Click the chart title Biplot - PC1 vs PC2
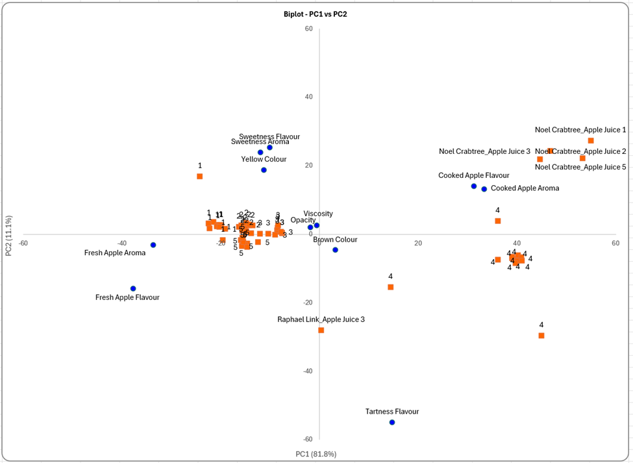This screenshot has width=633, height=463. point(315,14)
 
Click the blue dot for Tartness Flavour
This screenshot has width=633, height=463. point(392,422)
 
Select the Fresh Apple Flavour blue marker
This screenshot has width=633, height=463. point(133,288)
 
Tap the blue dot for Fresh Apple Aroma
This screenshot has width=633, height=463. point(153,245)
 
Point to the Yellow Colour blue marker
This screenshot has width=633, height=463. point(264,170)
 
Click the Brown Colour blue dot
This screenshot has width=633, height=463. point(335,250)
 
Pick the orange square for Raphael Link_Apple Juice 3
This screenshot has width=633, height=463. point(321,330)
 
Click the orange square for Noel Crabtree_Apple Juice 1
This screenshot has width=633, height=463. point(591,141)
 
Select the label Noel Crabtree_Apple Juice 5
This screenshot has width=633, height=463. point(580,167)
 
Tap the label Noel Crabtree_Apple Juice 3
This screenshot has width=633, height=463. point(484,151)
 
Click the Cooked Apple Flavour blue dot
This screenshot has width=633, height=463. point(474,186)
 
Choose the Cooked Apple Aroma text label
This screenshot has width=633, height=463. point(525,188)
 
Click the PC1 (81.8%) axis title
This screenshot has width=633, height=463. point(316,454)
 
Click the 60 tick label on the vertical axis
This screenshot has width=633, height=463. point(309,29)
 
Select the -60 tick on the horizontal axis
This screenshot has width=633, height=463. point(23,244)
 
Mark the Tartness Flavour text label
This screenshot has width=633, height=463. point(392,412)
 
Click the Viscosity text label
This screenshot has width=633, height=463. point(318,214)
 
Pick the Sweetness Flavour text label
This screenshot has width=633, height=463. point(269,137)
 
